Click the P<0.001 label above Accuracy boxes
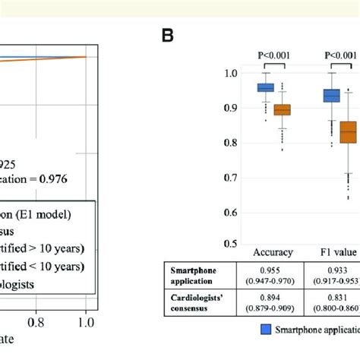pos(273,55)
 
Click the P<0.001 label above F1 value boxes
pos(340,55)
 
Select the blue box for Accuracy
pos(265,87)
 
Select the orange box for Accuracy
pos(282,110)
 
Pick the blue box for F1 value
pos(332,96)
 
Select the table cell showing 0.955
pos(273,269)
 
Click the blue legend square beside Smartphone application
pos(266,330)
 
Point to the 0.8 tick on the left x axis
pos(36,322)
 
